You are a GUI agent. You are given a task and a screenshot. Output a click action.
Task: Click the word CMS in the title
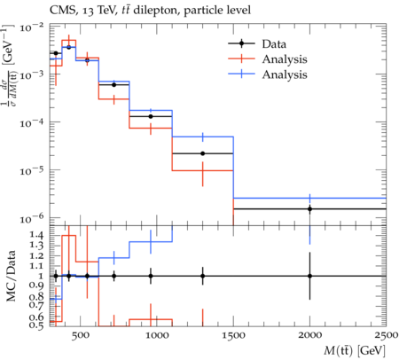(60, 11)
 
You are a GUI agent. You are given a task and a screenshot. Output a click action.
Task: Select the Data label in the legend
(274, 44)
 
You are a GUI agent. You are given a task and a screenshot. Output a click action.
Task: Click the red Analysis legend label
(285, 59)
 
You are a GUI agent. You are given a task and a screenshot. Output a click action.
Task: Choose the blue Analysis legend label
(285, 74)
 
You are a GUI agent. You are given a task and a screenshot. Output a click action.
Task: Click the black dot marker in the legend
(241, 43)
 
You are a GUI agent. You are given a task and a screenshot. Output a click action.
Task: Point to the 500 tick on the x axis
(81, 335)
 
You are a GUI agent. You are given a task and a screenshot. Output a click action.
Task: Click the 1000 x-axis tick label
(156, 335)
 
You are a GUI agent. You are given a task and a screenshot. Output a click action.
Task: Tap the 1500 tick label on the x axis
(233, 335)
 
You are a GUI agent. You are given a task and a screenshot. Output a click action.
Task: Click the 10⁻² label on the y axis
(32, 27)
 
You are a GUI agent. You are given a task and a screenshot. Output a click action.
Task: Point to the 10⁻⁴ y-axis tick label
(32, 122)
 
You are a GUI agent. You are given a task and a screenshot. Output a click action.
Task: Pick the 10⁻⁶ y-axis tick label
(32, 219)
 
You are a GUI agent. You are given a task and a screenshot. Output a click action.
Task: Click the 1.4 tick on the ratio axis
(35, 236)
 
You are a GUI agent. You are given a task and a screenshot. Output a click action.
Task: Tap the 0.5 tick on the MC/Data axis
(35, 325)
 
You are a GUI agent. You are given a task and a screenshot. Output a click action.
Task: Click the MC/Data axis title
(11, 276)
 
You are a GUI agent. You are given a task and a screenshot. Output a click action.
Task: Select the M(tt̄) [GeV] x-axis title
(355, 351)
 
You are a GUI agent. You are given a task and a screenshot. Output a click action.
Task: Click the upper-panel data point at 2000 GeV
(309, 209)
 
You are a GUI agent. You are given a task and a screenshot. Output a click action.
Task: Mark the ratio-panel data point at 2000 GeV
(309, 276)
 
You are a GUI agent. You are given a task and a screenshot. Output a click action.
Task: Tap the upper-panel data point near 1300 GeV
(203, 153)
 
